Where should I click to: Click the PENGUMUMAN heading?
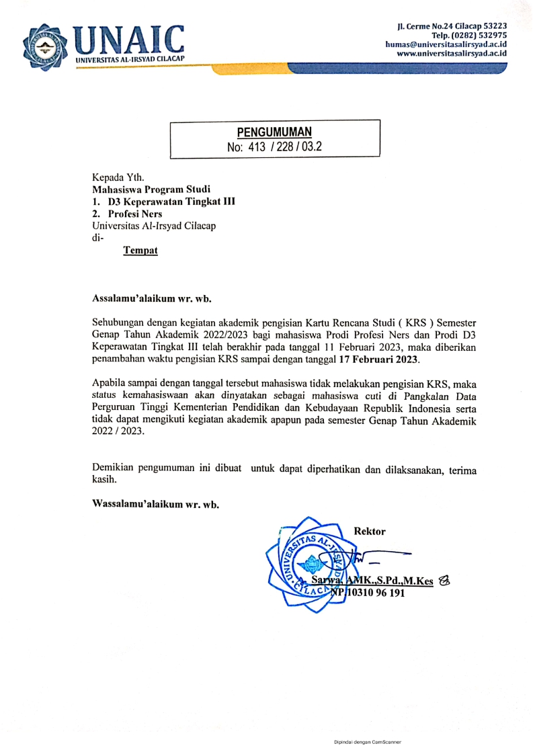pos(274,132)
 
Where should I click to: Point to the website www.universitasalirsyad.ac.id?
pos(452,53)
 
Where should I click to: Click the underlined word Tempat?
pos(140,251)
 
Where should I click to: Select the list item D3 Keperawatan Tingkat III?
pos(171,202)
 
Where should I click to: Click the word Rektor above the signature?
pos(370,531)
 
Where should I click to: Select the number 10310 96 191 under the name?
pos(376,593)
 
